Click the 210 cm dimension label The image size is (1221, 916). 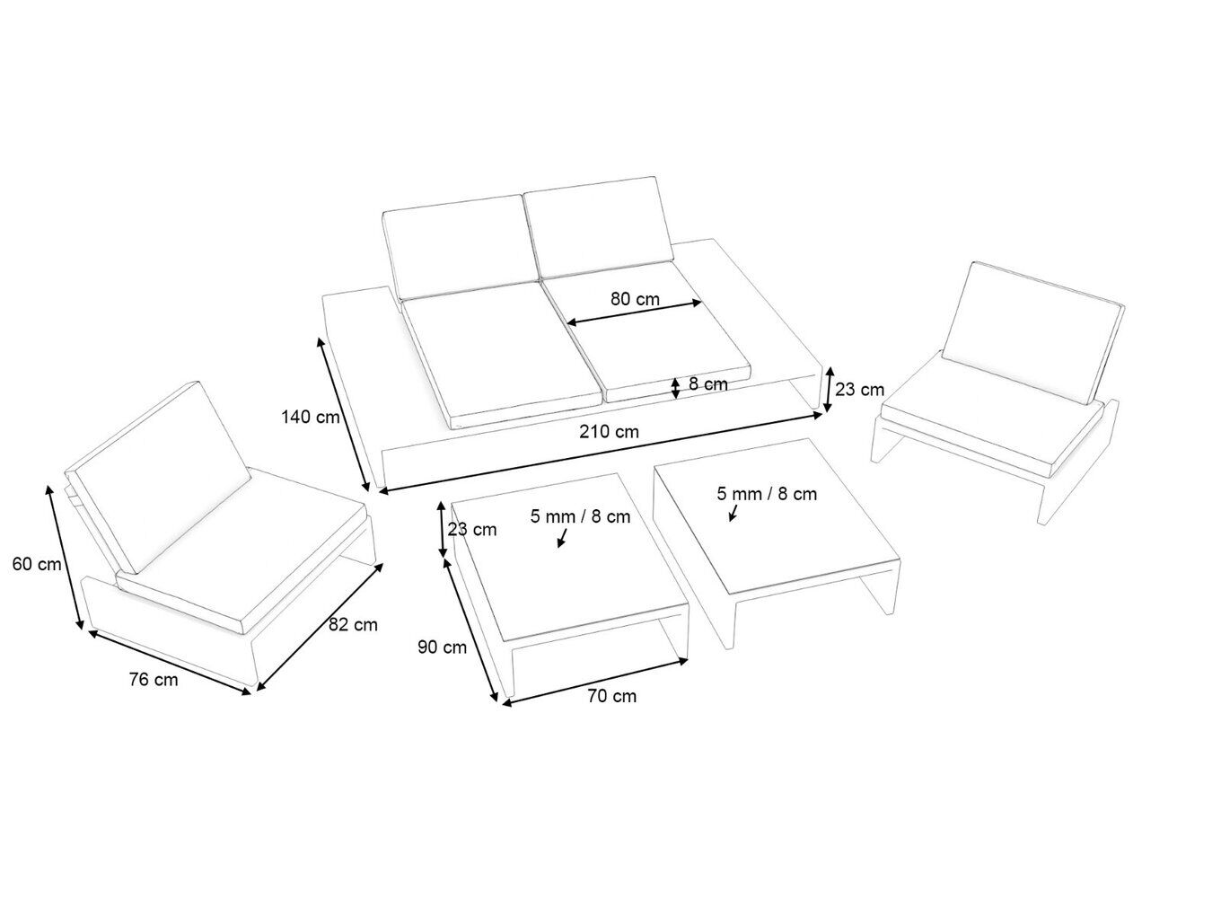click(x=609, y=432)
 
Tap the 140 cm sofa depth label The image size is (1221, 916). click(x=310, y=417)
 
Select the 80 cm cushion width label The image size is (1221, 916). click(x=635, y=299)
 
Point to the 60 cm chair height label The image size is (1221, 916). click(x=37, y=564)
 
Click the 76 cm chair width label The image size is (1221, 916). click(x=154, y=680)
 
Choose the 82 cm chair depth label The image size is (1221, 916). click(x=353, y=624)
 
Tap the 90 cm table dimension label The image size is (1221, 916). click(x=443, y=647)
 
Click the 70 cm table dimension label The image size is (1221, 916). click(x=612, y=696)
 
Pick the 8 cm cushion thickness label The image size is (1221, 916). click(x=708, y=383)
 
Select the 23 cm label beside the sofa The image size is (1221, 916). click(x=859, y=390)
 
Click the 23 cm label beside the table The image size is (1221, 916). click(x=471, y=529)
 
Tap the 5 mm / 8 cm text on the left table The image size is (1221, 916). click(x=580, y=516)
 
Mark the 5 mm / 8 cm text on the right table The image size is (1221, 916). click(x=767, y=493)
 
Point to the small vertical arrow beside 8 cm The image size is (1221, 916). click(x=675, y=388)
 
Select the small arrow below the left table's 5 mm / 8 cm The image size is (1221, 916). click(x=562, y=538)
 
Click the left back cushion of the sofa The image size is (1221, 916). click(x=461, y=246)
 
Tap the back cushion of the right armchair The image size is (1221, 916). click(x=1032, y=332)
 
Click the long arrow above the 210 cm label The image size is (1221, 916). click(x=601, y=453)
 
